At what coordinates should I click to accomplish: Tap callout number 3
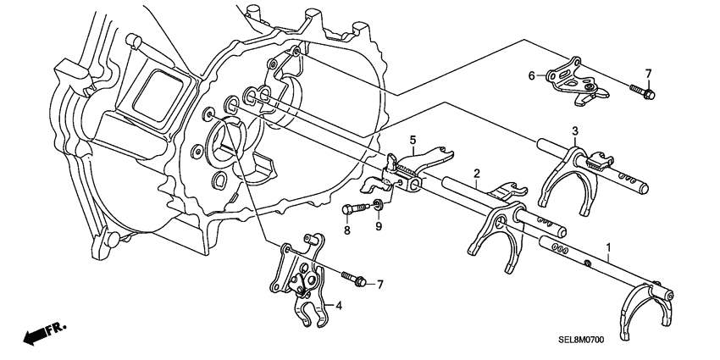point(574,130)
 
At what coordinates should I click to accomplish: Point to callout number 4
point(338,306)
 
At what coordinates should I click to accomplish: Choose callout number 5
point(413,140)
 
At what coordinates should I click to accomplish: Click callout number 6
point(532,76)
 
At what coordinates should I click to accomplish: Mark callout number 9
point(379,227)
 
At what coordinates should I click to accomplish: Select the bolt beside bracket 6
point(642,91)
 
